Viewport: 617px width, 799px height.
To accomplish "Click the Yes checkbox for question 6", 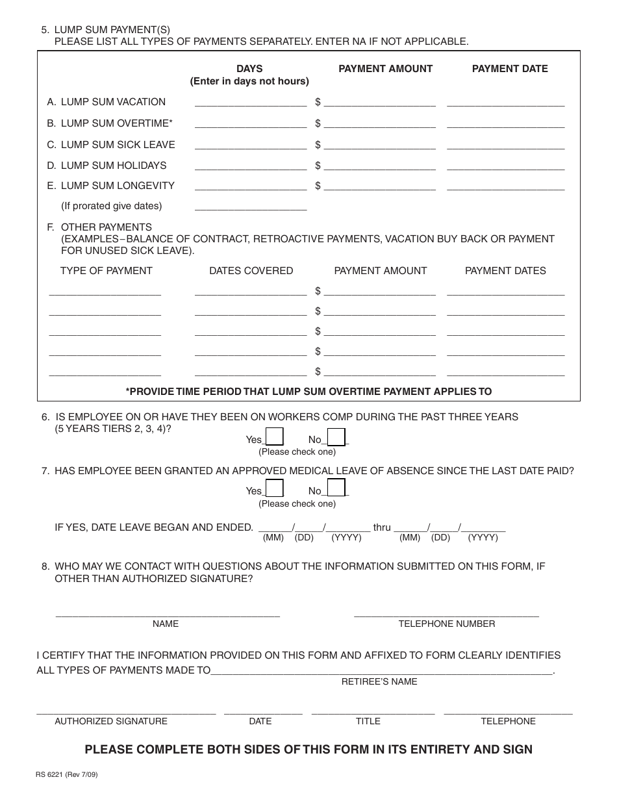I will coord(275,437).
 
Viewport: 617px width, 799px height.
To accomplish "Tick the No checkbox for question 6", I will coord(336,437).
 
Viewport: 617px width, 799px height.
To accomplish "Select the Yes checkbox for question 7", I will coord(275,488).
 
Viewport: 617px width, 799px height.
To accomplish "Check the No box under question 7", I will coord(336,488).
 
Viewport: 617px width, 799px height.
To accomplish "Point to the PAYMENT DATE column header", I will coord(510,69).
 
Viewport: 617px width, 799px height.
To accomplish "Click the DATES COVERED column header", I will coord(251,271).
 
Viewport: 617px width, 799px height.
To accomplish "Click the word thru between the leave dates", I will coord(382,527).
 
